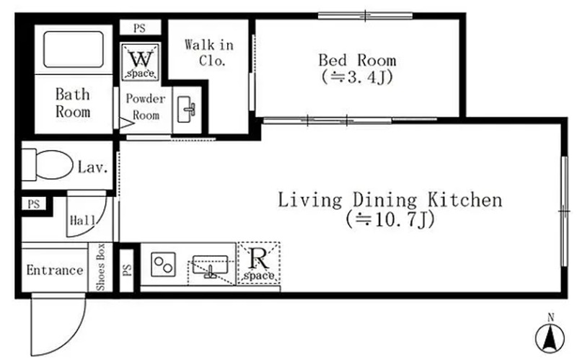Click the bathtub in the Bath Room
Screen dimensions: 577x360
coord(74,49)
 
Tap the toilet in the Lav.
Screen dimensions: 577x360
coord(47,165)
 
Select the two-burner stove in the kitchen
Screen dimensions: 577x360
coord(164,264)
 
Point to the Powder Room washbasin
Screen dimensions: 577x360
coord(187,110)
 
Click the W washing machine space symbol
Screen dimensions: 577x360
coord(140,62)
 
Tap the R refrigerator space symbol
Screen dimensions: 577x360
coord(259,263)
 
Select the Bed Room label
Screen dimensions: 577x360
coord(357,60)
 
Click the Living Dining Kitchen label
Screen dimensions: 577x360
coord(389,201)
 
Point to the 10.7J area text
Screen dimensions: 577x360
coord(390,219)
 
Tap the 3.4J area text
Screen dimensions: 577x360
coord(357,77)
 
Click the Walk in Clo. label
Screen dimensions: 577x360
coord(209,53)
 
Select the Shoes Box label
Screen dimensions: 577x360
coord(100,267)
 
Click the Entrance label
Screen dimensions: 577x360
coord(55,271)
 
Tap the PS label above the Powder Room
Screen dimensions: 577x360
coord(139,28)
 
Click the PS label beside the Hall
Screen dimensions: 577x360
coord(33,204)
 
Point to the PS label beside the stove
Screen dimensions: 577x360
coord(127,270)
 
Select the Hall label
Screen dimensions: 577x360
coord(82,221)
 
